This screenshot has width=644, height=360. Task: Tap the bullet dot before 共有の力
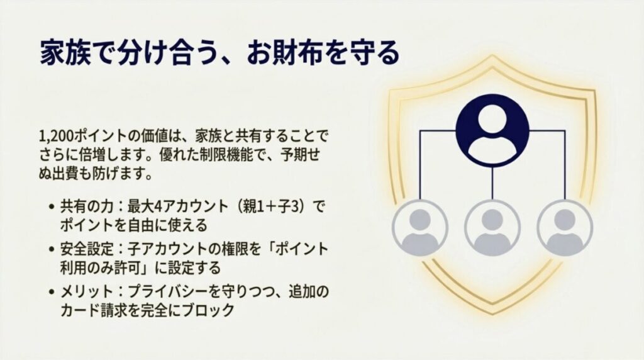pyautogui.click(x=50, y=207)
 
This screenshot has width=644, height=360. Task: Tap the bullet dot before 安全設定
pyautogui.click(x=50, y=250)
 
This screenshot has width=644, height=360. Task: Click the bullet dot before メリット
pyautogui.click(x=50, y=292)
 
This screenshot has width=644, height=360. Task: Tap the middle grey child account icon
pyautogui.click(x=492, y=227)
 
